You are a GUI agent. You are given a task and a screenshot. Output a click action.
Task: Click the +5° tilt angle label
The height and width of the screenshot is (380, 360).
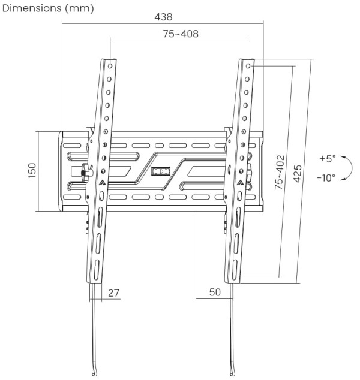tap(328, 159)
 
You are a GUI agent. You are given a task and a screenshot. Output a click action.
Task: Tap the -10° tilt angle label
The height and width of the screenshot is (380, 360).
tap(326, 178)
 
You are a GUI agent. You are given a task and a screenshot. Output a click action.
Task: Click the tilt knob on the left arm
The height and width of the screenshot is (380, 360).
tap(83, 171)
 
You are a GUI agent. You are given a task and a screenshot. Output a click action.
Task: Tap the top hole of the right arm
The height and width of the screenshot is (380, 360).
tap(248, 62)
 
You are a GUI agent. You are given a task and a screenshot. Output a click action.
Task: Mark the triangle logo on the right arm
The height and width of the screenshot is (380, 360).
tap(240, 182)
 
